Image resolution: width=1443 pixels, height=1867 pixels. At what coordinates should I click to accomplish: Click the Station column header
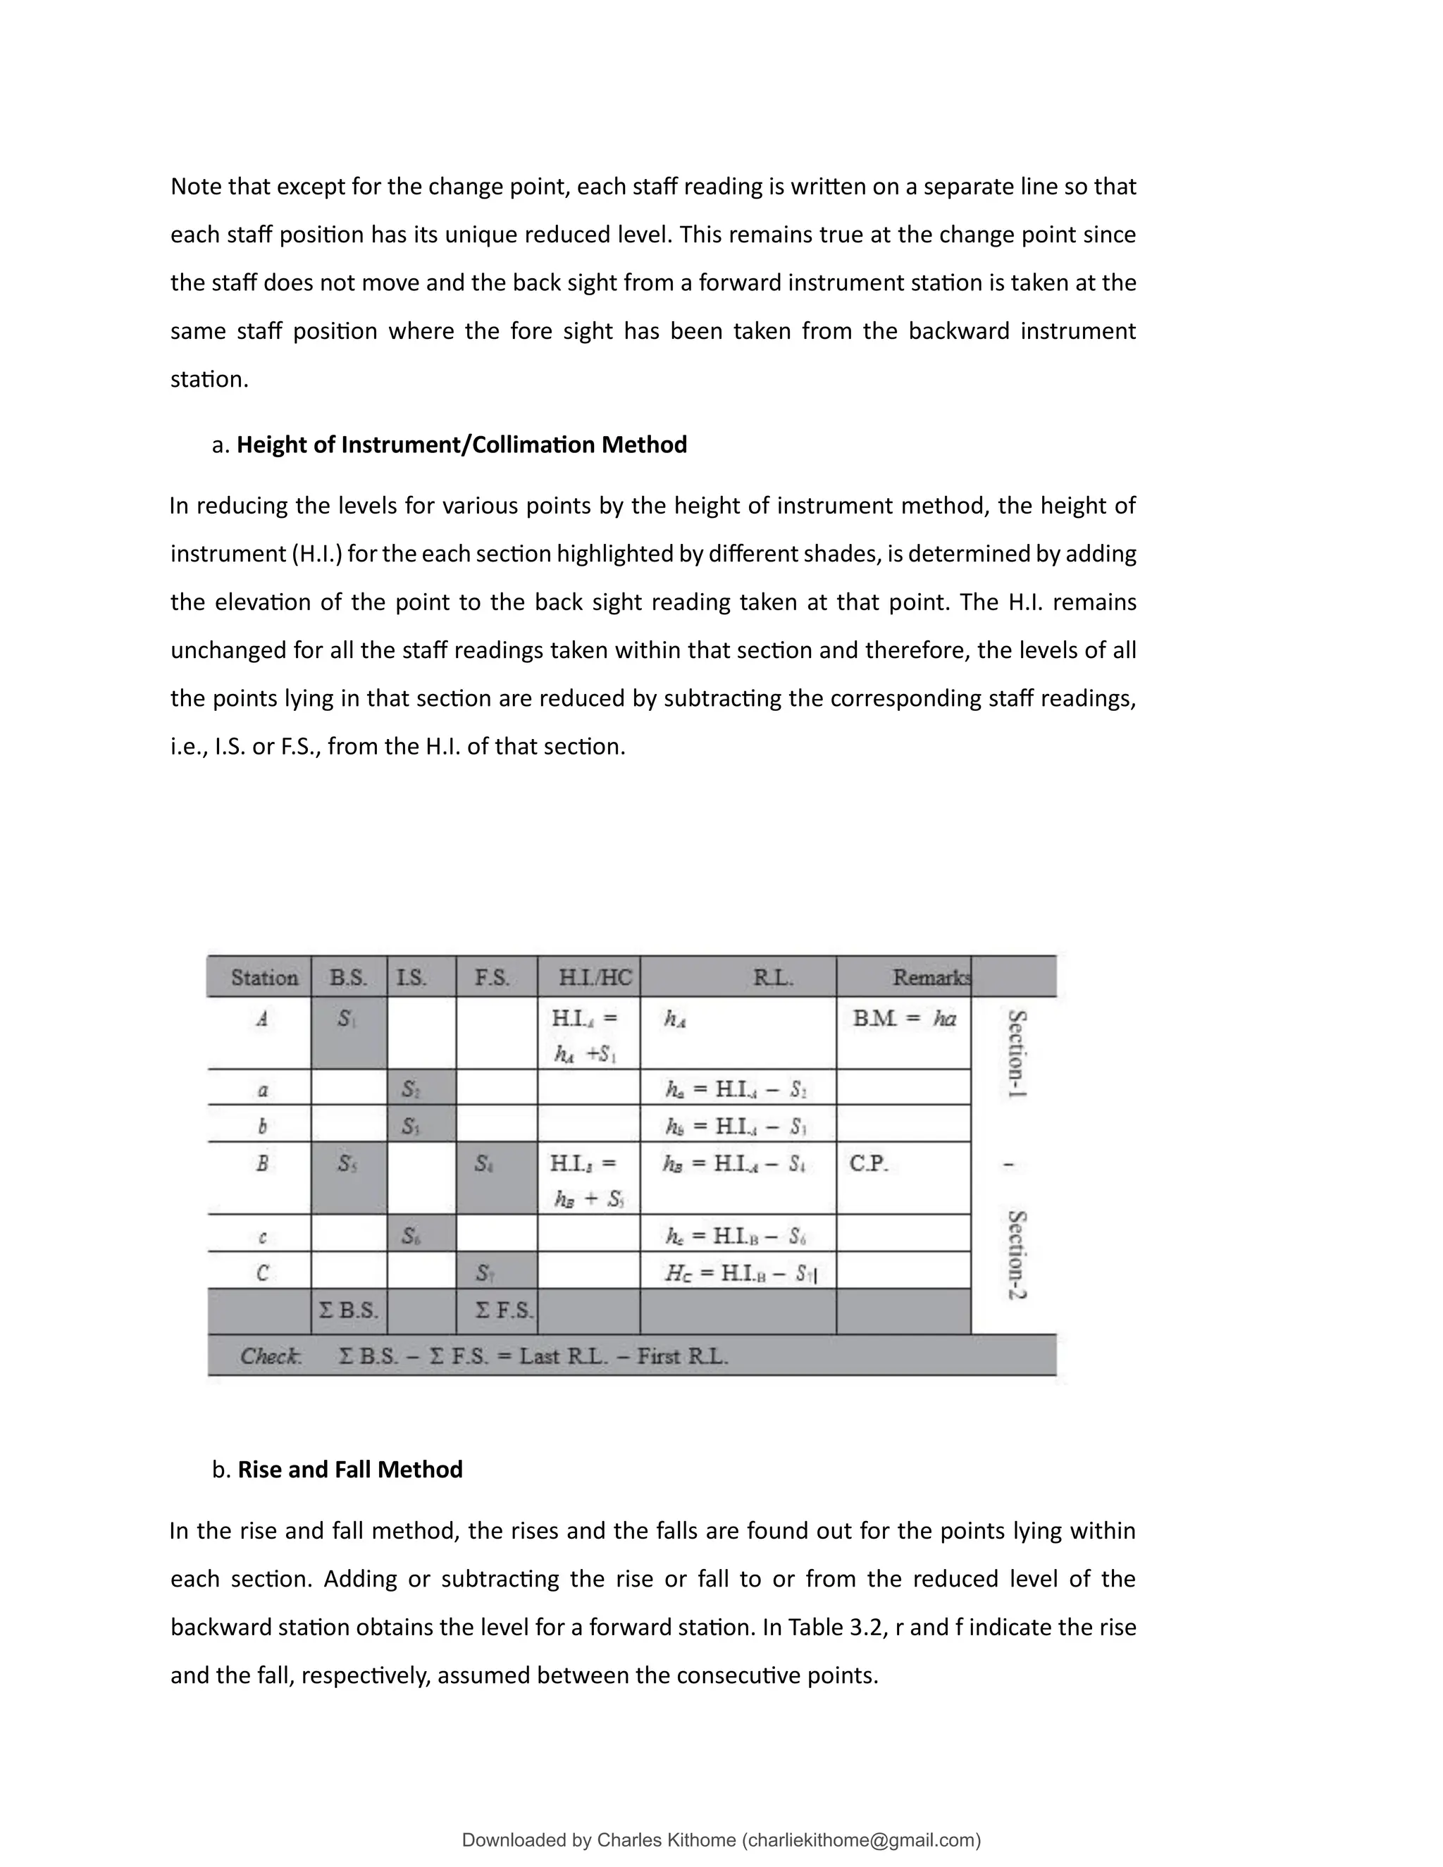(x=264, y=978)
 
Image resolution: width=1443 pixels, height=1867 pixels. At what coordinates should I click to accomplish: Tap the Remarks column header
(x=930, y=978)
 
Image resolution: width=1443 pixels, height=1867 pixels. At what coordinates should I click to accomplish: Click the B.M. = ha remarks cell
(x=903, y=1019)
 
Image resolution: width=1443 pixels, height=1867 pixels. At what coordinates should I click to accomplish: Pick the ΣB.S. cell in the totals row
(x=348, y=1310)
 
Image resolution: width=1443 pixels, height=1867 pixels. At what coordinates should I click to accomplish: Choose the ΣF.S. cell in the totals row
(x=504, y=1310)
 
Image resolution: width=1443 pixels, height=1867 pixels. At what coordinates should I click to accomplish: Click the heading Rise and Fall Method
(x=349, y=1470)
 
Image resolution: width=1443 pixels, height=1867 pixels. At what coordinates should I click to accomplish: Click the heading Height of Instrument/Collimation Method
(x=462, y=445)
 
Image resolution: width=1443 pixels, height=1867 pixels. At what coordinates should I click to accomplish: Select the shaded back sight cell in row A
(x=348, y=1033)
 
